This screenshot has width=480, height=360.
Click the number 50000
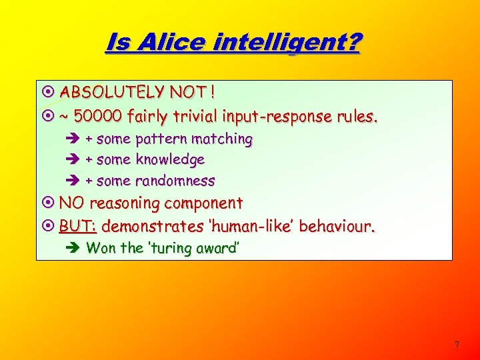coord(97,117)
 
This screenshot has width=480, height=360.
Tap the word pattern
coord(162,139)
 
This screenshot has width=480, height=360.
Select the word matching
coord(222,139)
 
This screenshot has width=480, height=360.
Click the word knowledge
coord(170,160)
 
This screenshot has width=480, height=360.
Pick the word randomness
coord(175,181)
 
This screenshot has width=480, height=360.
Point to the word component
coord(205,203)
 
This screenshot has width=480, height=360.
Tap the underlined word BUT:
coord(77,227)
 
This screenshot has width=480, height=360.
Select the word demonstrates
coord(153,227)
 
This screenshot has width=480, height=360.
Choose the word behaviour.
coord(337,227)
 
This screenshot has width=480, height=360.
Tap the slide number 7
coord(457,345)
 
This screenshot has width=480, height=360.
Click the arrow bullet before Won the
coord(74,249)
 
